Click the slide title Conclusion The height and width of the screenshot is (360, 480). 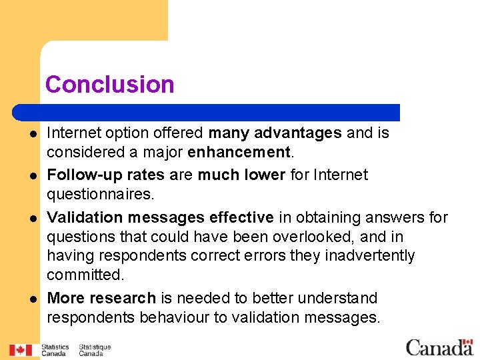pos(110,85)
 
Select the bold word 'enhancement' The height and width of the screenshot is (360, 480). pos(239,153)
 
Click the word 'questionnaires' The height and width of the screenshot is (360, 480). pos(99,194)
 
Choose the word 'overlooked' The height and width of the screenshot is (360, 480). pos(327,237)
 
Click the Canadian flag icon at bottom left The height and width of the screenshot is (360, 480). pos(21,350)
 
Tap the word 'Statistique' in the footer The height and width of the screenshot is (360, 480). pos(95,347)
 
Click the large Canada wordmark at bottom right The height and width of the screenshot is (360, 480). pos(439,347)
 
